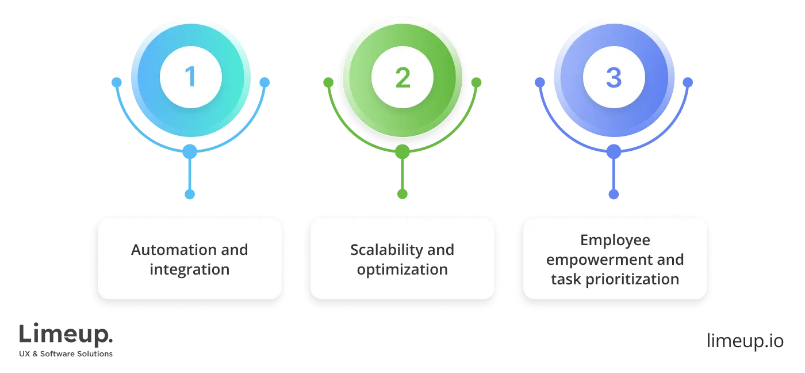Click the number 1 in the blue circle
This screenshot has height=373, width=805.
190,78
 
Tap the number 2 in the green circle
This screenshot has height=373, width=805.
402,78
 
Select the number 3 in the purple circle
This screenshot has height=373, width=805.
614,78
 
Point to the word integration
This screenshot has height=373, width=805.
189,269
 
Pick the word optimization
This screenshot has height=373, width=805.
402,269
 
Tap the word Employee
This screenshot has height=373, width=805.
615,240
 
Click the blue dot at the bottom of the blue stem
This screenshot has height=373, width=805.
190,194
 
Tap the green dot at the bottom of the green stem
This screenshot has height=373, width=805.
402,194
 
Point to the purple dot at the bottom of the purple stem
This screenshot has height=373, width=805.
614,194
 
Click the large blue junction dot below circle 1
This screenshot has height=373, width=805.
190,152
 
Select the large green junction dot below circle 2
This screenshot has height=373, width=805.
402,152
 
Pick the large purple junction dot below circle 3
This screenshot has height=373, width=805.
614,152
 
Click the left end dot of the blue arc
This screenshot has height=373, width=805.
117,82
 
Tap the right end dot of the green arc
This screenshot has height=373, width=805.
476,82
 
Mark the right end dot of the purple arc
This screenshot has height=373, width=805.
688,82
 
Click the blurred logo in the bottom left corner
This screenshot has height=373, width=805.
66,341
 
